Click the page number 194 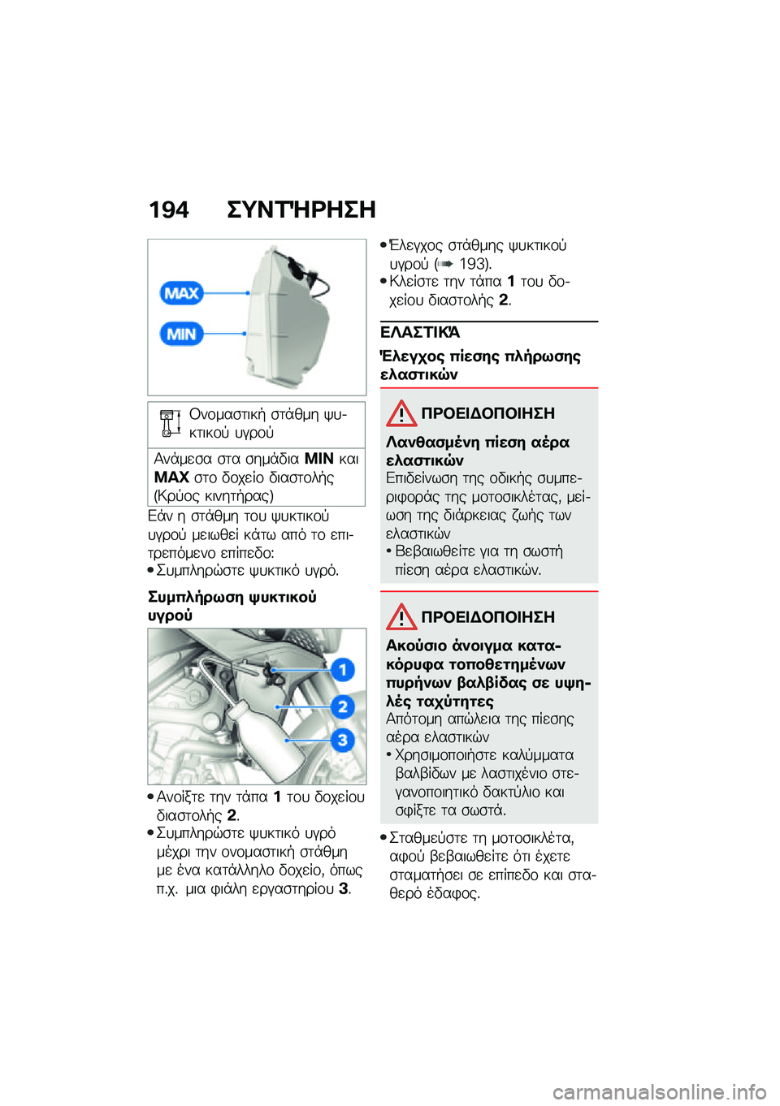point(168,210)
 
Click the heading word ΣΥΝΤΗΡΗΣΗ point(301,210)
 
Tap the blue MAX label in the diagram point(181,293)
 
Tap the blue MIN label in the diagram point(181,334)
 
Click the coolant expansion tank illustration point(288,317)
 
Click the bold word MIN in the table point(318,459)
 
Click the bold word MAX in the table point(171,477)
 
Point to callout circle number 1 point(343,670)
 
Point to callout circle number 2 point(343,706)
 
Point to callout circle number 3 point(343,740)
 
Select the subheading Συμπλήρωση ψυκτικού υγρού point(232,606)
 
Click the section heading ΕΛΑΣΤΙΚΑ point(420,332)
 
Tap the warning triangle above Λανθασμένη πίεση point(401,413)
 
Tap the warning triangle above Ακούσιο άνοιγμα point(401,617)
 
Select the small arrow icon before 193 point(444,264)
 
